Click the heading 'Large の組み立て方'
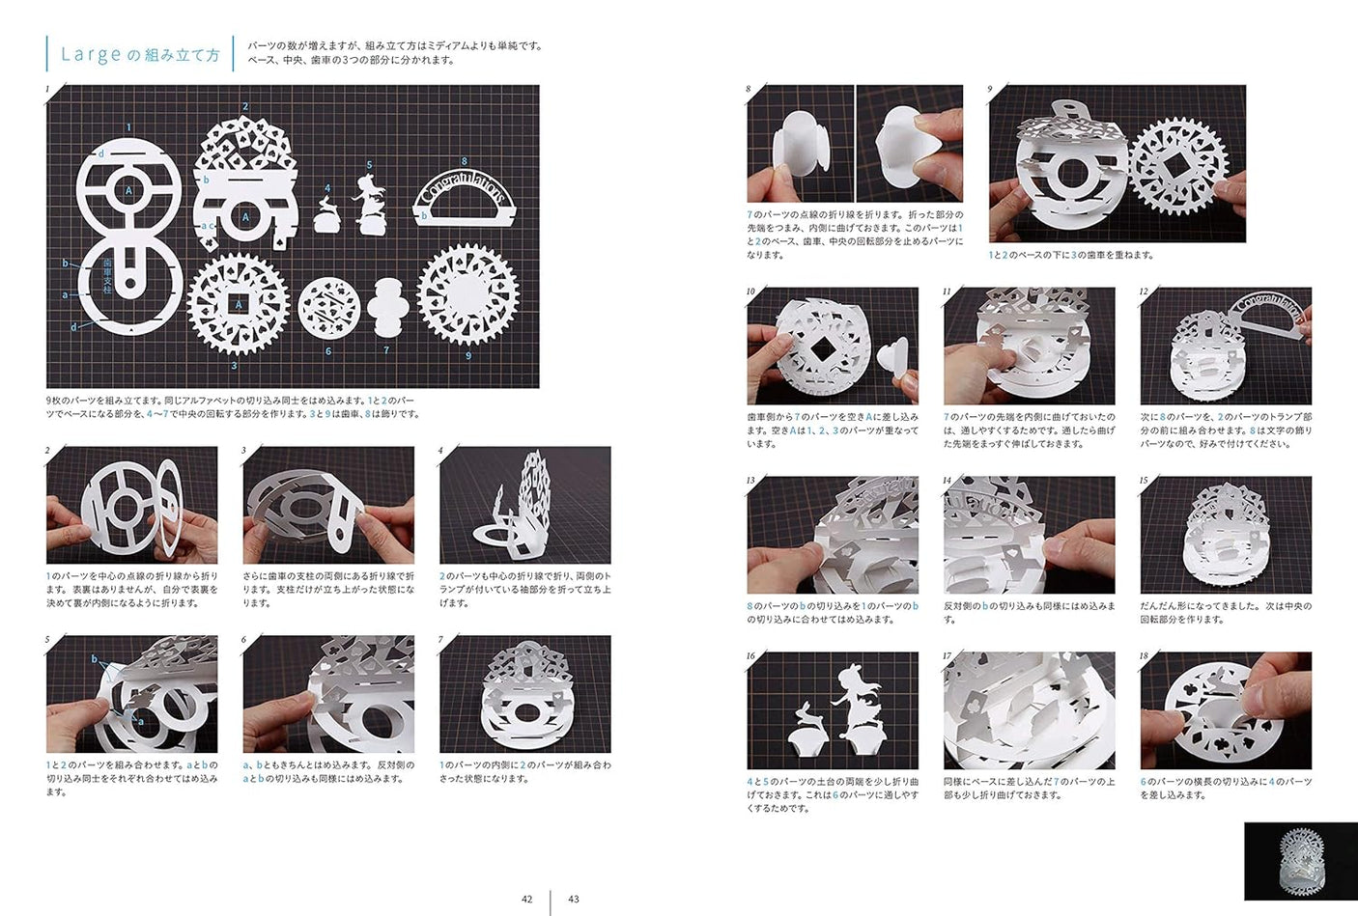[x=140, y=55]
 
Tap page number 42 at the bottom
[x=526, y=899]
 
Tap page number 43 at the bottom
[x=574, y=899]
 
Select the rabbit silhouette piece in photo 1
[x=326, y=215]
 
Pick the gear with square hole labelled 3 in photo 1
[x=238, y=305]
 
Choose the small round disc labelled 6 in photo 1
[x=328, y=308]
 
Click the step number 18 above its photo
[x=1144, y=655]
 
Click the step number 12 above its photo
[x=1144, y=291]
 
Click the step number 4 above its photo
[x=440, y=451]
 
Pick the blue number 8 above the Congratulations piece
[x=464, y=162]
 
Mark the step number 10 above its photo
[x=750, y=291]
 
